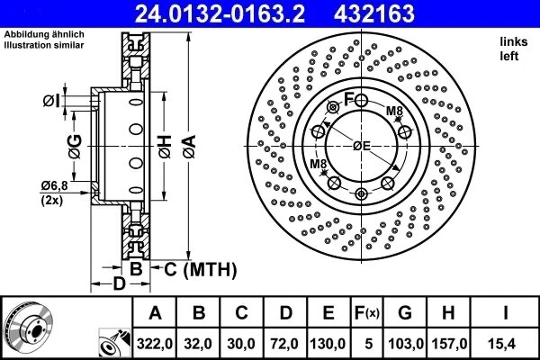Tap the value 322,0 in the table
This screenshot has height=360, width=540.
click(x=155, y=344)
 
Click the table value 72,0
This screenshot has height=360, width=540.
click(x=285, y=344)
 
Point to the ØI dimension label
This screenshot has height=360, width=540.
click(x=51, y=101)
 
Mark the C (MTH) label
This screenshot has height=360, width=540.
click(x=199, y=268)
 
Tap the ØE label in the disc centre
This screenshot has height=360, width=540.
click(x=362, y=145)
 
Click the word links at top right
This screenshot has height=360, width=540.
click(x=513, y=42)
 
